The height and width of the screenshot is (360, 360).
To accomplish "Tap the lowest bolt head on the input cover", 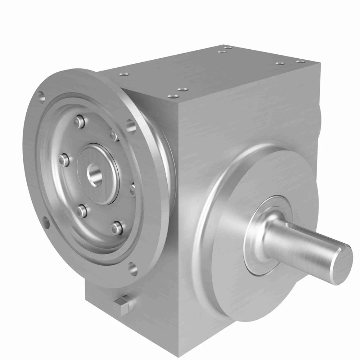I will click(117, 227).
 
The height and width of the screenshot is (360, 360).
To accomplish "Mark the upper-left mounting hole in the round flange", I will click(42, 96).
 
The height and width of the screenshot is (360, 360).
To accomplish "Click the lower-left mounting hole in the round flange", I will click(46, 222).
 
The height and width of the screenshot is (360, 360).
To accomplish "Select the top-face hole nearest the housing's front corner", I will click(173, 96).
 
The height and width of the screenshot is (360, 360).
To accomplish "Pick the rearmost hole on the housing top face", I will click(227, 47).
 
